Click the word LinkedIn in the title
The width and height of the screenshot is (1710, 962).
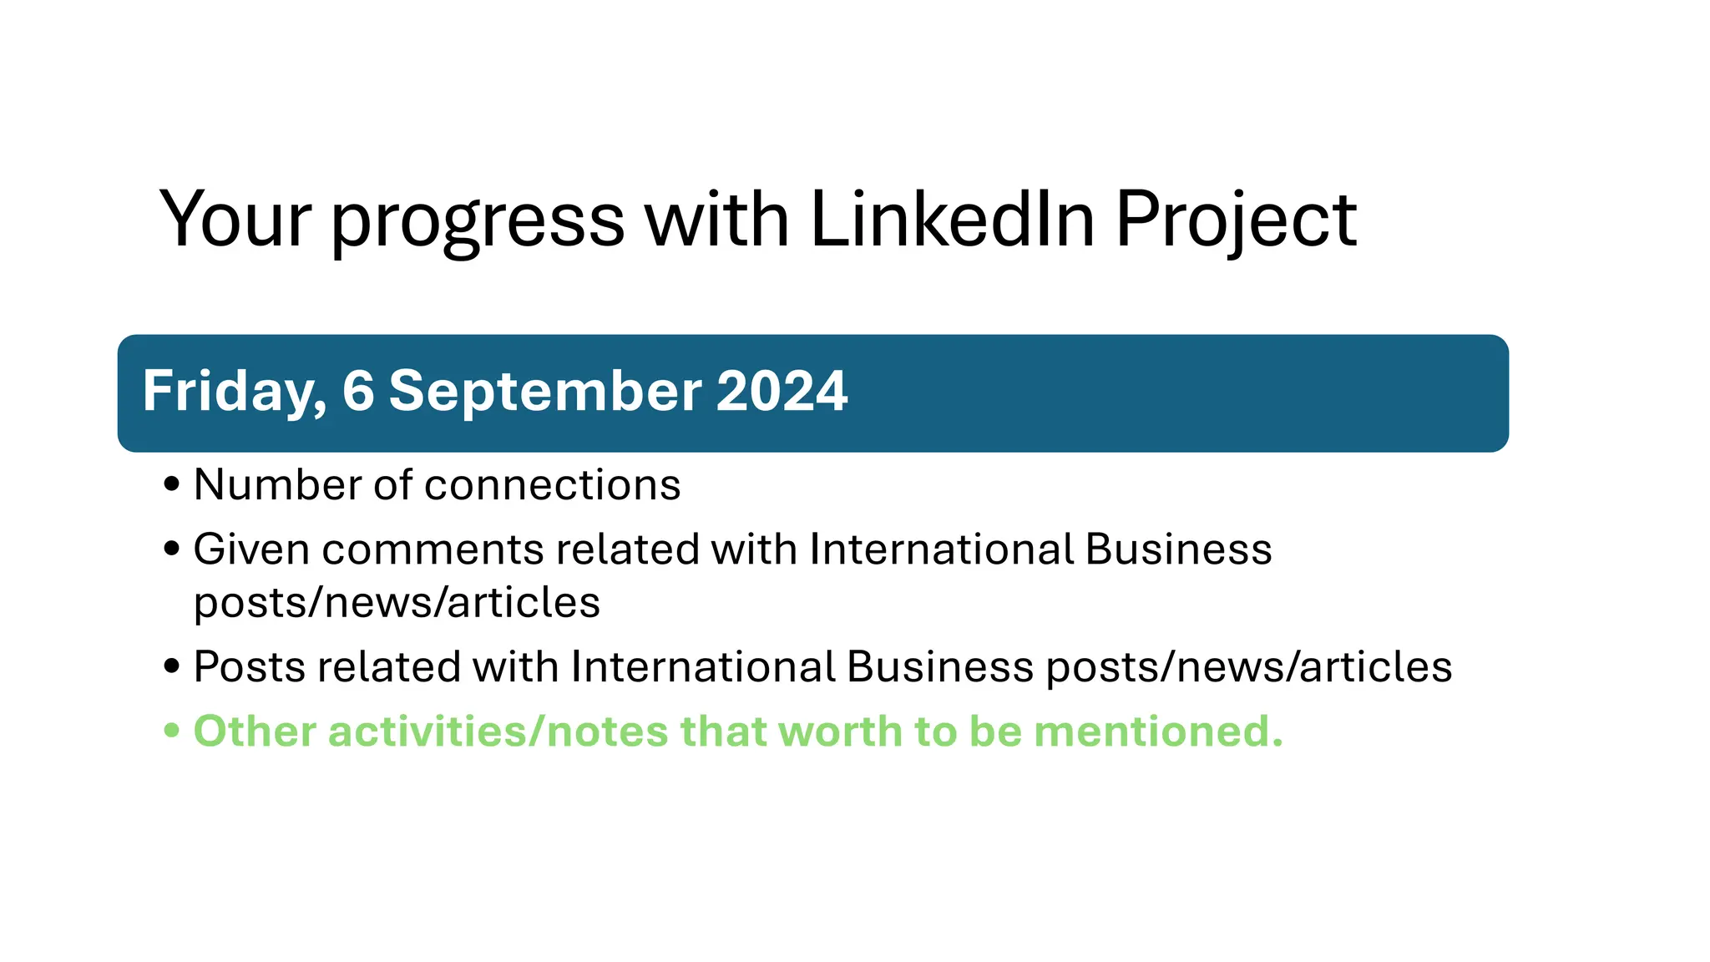[952, 219]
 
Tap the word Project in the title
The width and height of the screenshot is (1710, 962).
[1236, 220]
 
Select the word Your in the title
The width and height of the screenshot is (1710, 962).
[235, 219]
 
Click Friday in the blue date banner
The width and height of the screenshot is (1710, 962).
[233, 391]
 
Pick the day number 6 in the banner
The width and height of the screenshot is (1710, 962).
[358, 391]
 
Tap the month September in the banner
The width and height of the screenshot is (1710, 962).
[546, 392]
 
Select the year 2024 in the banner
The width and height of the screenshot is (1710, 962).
[782, 391]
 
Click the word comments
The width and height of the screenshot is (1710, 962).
[433, 549]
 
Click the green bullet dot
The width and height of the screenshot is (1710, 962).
[172, 732]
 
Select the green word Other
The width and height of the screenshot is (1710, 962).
[255, 732]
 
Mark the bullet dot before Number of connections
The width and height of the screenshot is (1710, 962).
[172, 484]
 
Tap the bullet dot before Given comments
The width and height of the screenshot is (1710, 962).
[172, 549]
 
